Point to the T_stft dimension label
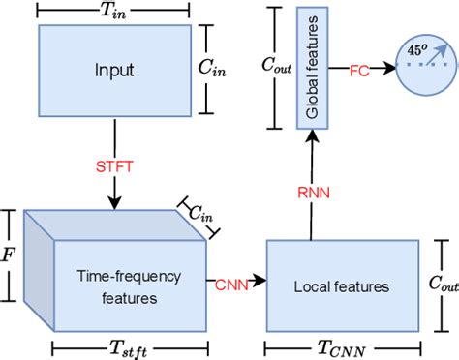[x=114, y=345]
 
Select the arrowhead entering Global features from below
[x=310, y=137]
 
